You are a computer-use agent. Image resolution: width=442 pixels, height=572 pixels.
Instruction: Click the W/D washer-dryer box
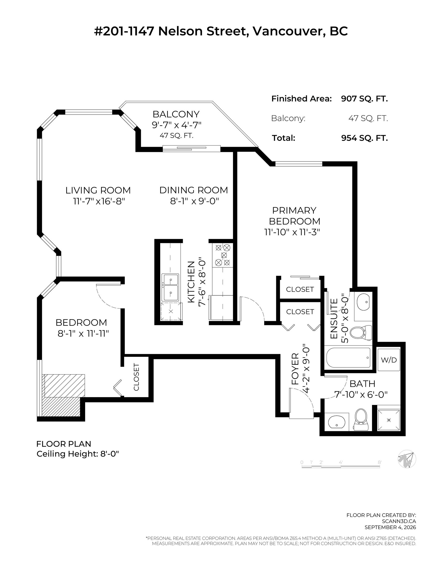tap(389, 359)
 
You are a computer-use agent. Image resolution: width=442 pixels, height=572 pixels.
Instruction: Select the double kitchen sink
tap(170, 287)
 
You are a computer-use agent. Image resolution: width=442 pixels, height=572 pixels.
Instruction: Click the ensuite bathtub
tap(348, 357)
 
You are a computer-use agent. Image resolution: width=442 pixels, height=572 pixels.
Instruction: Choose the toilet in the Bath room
tap(361, 420)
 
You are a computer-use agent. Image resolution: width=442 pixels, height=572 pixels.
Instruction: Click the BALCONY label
tap(176, 114)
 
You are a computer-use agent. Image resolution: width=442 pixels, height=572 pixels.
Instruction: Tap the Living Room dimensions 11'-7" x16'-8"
tap(99, 201)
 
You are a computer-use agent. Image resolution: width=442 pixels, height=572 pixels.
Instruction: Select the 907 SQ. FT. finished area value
tap(364, 99)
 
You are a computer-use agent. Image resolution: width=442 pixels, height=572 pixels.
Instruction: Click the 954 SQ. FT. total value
tap(365, 138)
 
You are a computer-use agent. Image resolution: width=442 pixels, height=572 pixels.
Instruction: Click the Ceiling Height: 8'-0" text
tap(78, 454)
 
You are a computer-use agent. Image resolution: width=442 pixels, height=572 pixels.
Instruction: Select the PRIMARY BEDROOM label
tap(295, 216)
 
